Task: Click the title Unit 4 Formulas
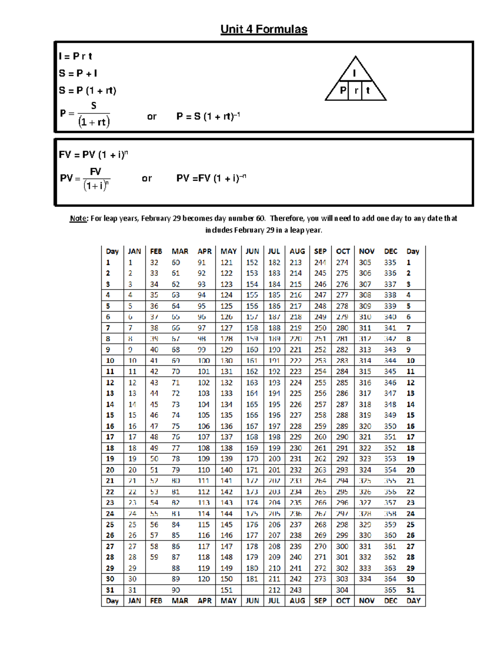click(x=264, y=29)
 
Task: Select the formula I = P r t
click(x=75, y=56)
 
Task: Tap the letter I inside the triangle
click(x=355, y=73)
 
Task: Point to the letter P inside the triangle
click(x=343, y=90)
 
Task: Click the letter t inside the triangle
click(x=368, y=90)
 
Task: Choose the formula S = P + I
click(x=78, y=73)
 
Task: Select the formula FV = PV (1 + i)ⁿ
click(x=93, y=155)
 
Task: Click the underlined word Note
click(x=78, y=218)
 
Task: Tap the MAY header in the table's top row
click(x=228, y=251)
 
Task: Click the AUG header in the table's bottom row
click(x=297, y=601)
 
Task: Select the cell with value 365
click(x=390, y=590)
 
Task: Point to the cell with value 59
click(x=154, y=557)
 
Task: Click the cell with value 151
click(x=226, y=590)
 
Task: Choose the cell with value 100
click(x=204, y=361)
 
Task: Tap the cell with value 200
click(x=274, y=459)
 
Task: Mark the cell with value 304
click(x=342, y=590)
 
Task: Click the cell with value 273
click(x=320, y=579)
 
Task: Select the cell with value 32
click(x=154, y=262)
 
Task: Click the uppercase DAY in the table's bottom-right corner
click(x=413, y=601)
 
